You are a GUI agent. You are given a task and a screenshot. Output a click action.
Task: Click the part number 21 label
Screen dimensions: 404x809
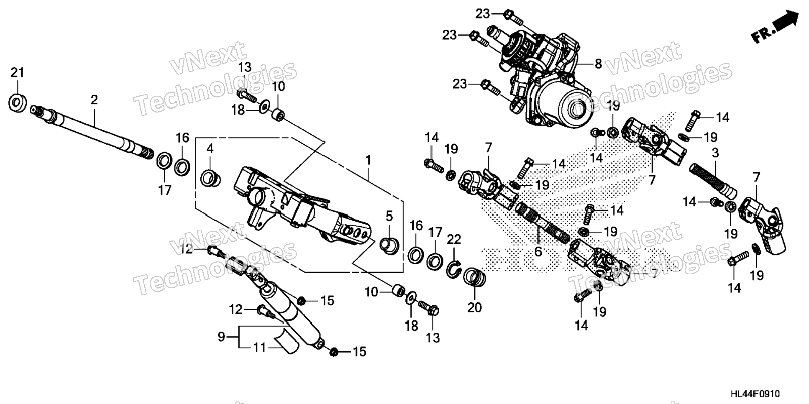(x=17, y=73)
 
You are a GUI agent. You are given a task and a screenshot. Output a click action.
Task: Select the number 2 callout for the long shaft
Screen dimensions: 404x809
(x=94, y=100)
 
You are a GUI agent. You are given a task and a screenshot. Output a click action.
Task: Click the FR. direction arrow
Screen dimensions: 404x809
(x=776, y=28)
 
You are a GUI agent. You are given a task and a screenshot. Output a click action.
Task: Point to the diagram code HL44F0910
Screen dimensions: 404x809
(x=755, y=394)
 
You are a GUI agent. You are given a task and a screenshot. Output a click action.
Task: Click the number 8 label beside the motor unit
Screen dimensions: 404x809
(x=598, y=64)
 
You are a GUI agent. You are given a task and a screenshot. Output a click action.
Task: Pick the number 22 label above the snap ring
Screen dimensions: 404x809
(x=454, y=239)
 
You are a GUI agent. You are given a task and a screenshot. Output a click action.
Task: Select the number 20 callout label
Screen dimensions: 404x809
(x=474, y=307)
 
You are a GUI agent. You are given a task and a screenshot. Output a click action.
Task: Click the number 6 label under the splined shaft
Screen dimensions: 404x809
(x=538, y=251)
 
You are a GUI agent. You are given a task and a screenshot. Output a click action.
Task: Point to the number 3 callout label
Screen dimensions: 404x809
(x=715, y=153)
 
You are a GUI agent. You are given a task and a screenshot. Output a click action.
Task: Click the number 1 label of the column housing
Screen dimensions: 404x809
(x=368, y=160)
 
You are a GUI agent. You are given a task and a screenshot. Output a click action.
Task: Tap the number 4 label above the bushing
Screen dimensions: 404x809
(x=210, y=148)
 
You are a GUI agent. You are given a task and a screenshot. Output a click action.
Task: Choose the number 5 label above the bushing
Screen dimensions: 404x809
(x=389, y=216)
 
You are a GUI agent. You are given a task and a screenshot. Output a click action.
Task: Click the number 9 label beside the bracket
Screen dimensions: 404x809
(x=221, y=336)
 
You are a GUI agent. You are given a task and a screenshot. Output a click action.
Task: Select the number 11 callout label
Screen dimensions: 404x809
(x=260, y=348)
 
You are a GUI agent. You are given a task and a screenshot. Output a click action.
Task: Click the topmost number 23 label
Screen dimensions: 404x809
(x=482, y=14)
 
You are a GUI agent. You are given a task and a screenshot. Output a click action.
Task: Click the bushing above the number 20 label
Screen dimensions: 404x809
(x=474, y=277)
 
